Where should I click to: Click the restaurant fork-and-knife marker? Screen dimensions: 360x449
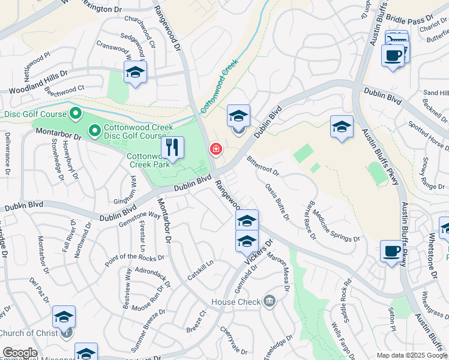coord(172,148)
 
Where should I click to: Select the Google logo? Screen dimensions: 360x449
coord(20,353)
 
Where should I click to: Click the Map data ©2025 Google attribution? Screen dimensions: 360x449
coord(412,355)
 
